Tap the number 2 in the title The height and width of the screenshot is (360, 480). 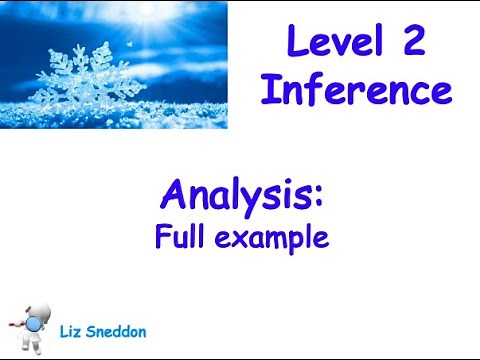pyautogui.click(x=412, y=44)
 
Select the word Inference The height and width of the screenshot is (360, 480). pyautogui.click(x=355, y=91)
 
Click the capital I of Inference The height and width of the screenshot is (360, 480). pyautogui.click(x=267, y=90)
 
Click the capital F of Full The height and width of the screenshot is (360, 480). pyautogui.click(x=161, y=237)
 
